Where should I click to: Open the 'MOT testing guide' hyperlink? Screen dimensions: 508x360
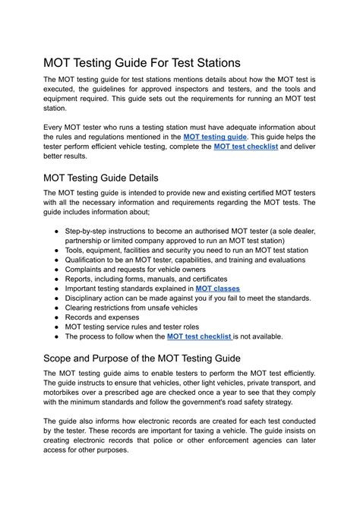point(215,136)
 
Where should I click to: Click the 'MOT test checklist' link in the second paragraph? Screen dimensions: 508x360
point(246,147)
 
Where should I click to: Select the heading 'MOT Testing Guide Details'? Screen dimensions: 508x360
point(111,178)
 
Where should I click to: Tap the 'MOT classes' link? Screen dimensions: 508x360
point(217,289)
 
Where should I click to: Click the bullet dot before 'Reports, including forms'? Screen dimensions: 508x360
point(57,279)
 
